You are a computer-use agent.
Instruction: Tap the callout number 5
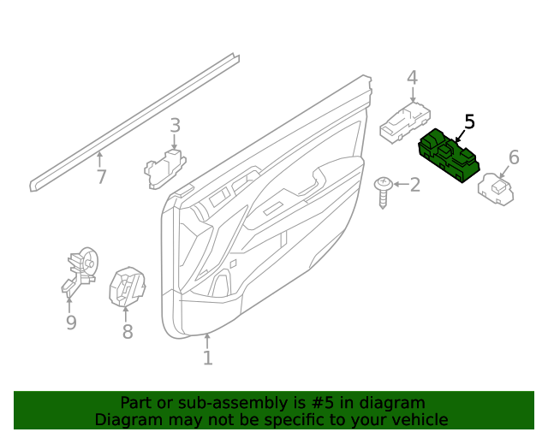click(x=469, y=122)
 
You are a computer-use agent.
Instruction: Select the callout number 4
click(x=412, y=79)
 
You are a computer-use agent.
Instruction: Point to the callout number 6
click(x=514, y=157)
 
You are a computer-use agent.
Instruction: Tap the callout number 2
click(x=414, y=185)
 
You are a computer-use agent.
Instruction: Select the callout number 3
click(x=175, y=126)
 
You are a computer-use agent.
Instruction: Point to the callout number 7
click(x=101, y=177)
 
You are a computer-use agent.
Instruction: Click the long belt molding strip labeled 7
click(x=137, y=120)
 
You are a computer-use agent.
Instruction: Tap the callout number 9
click(x=71, y=323)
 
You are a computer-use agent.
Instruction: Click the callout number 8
click(x=127, y=332)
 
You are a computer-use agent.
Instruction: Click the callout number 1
click(x=207, y=358)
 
